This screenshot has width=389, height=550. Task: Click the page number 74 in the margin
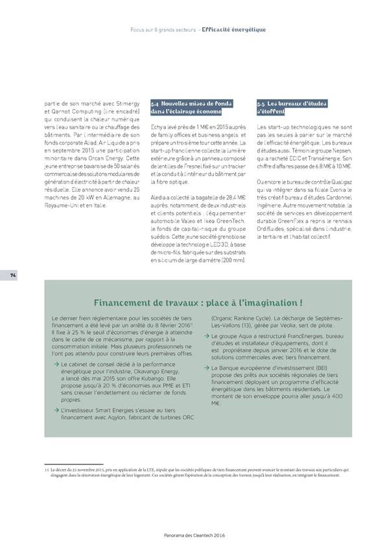[x=13, y=293]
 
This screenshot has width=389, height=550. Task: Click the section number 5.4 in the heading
[x=155, y=104]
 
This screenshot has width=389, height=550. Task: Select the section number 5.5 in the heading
[x=263, y=104]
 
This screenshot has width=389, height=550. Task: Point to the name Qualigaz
[x=338, y=181]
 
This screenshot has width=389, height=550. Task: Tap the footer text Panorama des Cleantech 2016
[x=194, y=534]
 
